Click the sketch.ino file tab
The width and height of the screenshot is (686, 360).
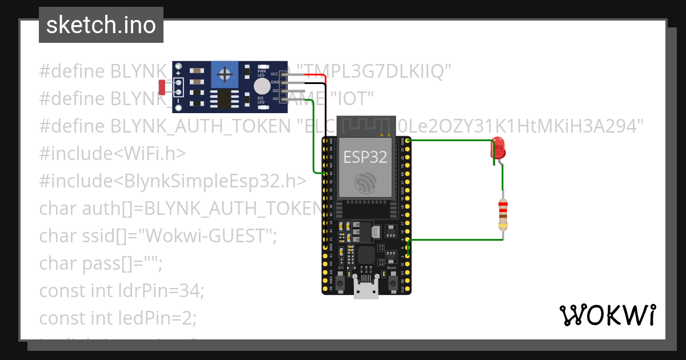click(x=101, y=25)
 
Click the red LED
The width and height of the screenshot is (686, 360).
click(x=497, y=147)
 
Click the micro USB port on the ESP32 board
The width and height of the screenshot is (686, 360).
click(x=366, y=289)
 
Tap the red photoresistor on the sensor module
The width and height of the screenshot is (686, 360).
click(x=162, y=87)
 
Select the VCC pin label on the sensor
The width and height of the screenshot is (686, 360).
click(x=274, y=74)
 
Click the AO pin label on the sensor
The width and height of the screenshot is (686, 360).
click(x=275, y=98)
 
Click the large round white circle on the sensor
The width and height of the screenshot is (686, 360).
click(x=262, y=86)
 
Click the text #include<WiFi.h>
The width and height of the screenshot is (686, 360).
click(x=112, y=153)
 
